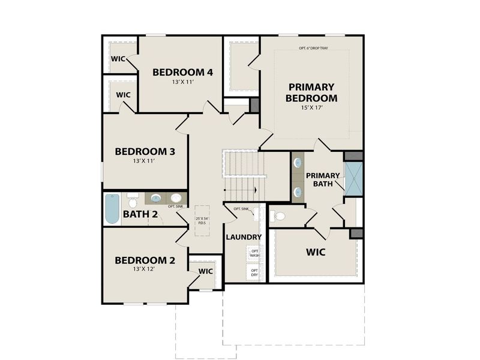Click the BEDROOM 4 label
[175, 73]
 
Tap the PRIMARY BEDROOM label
[311, 92]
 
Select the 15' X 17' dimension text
[311, 109]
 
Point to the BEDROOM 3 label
[145, 152]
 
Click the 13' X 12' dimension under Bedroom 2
[145, 270]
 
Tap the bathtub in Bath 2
[112, 209]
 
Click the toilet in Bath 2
[133, 199]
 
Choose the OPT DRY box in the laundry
[254, 273]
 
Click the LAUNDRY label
[243, 237]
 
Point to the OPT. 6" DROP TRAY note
[313, 49]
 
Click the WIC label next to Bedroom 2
[206, 271]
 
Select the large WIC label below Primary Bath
[315, 252]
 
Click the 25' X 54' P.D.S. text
[202, 221]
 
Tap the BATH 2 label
[140, 214]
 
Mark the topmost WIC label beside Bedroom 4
[118, 59]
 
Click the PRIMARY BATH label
[323, 180]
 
